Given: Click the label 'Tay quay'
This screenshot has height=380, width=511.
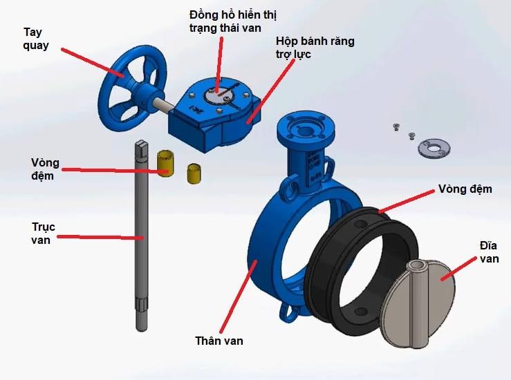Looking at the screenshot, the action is click(36, 39).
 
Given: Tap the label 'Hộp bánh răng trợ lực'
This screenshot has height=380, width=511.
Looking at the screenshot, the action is click(315, 48).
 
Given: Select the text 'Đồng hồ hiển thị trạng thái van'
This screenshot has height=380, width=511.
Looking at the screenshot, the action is click(233, 21).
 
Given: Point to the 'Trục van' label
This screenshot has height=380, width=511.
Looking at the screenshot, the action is click(44, 233).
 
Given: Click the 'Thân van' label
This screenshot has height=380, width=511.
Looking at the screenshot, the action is click(219, 341).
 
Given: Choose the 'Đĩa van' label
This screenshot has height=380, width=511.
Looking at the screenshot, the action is click(489, 251).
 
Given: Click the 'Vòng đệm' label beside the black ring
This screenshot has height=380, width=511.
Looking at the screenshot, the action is click(465, 189).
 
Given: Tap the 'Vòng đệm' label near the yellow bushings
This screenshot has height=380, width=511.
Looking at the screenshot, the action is click(45, 169).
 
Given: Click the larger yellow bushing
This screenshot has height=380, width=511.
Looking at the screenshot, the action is click(165, 164).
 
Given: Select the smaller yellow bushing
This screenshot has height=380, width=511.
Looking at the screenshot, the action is click(194, 174).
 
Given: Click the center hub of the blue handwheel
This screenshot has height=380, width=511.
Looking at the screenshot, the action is click(143, 93).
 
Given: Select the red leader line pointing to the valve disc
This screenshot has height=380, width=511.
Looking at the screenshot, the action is click(459, 268).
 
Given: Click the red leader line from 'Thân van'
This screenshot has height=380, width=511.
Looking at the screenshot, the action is click(239, 296).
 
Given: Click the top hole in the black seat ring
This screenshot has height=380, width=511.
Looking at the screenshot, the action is click(360, 225).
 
